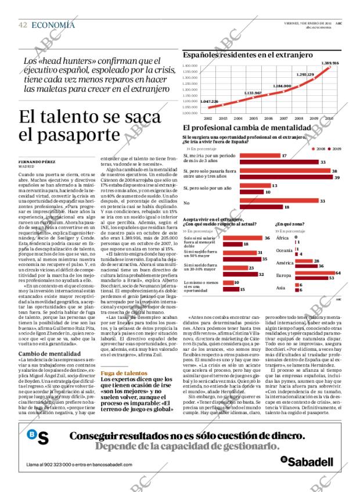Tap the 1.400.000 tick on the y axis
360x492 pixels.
190,66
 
